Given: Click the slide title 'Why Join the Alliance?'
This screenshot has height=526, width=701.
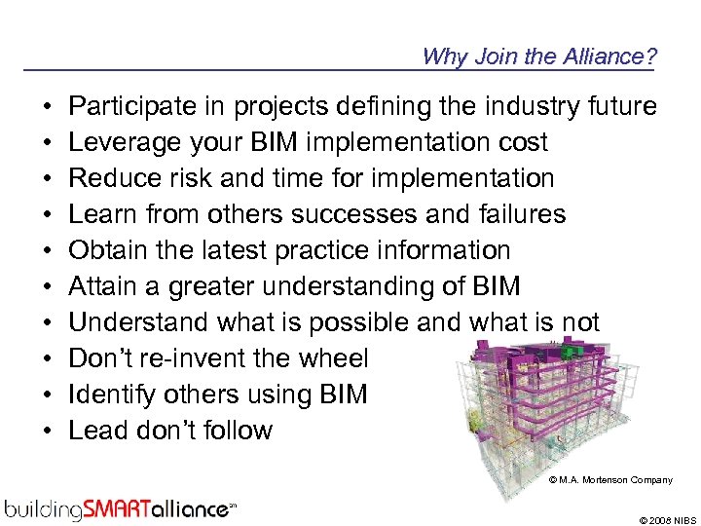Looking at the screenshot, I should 538,56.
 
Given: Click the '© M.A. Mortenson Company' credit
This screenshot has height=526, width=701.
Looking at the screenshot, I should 609,480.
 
